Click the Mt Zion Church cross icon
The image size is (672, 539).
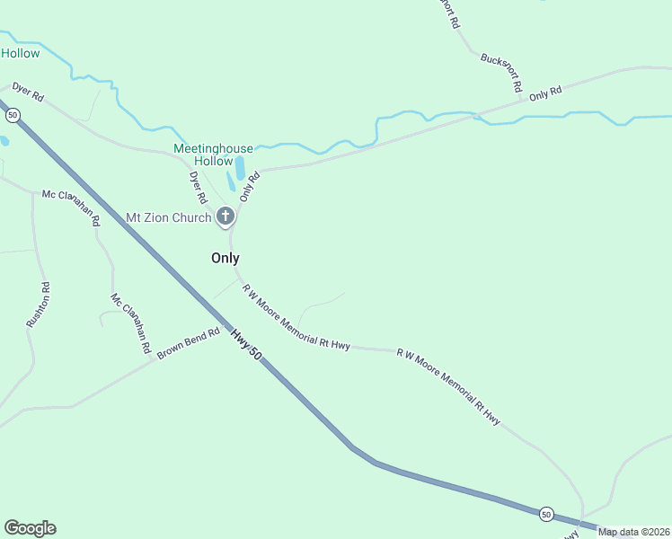click(x=225, y=216)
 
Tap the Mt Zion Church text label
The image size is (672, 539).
click(x=168, y=216)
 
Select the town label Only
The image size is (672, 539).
click(x=225, y=258)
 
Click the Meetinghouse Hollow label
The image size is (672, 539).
click(x=214, y=155)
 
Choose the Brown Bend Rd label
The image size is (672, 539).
click(x=189, y=344)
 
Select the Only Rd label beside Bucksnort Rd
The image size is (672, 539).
click(x=545, y=93)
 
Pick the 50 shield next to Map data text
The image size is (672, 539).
click(x=546, y=514)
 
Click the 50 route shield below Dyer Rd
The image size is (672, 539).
click(x=13, y=115)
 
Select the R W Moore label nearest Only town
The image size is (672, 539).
click(x=296, y=317)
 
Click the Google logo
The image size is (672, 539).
click(x=30, y=528)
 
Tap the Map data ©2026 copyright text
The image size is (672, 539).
click(x=634, y=532)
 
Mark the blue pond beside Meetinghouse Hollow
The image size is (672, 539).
click(x=238, y=169)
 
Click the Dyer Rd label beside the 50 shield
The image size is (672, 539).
click(x=28, y=93)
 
